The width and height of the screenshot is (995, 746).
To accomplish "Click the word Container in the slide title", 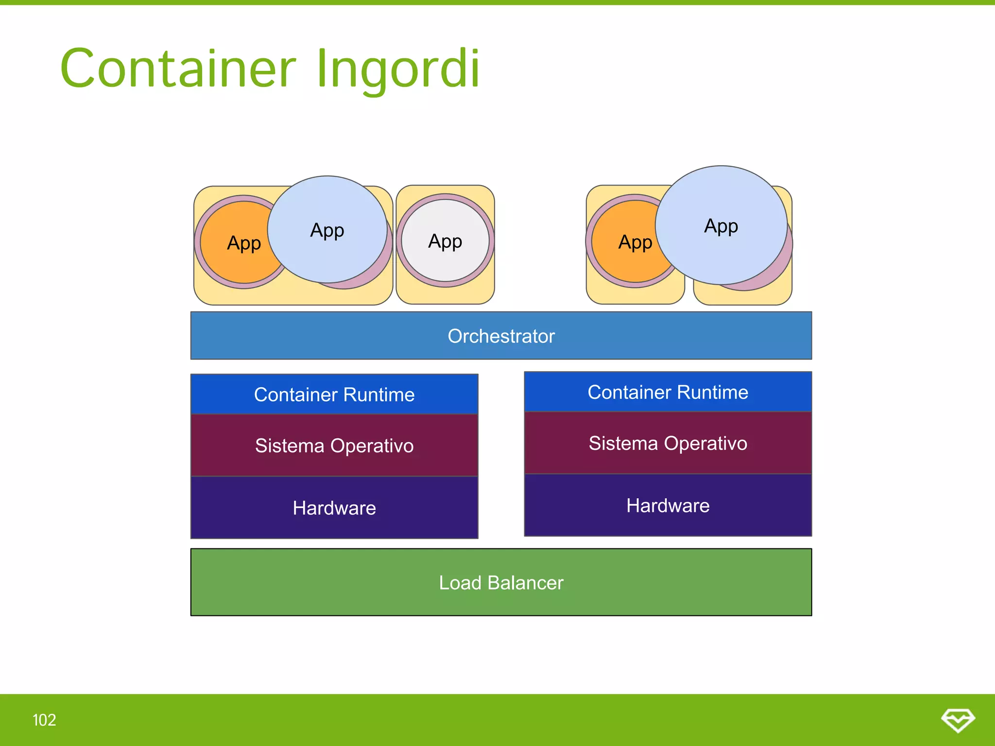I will pyautogui.click(x=178, y=69).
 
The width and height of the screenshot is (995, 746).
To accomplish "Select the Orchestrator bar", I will pyautogui.click(x=501, y=336).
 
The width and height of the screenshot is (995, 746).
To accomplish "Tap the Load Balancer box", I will pyautogui.click(x=501, y=582).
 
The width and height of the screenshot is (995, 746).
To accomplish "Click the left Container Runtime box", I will pyautogui.click(x=334, y=394).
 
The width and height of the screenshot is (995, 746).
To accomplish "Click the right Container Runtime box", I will pyautogui.click(x=668, y=392).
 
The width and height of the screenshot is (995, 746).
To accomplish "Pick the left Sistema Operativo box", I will pyautogui.click(x=334, y=445).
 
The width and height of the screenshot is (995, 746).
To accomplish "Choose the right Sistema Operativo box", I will pyautogui.click(x=668, y=443).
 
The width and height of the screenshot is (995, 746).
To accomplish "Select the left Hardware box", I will pyautogui.click(x=334, y=508).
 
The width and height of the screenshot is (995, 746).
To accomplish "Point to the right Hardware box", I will pyautogui.click(x=668, y=506).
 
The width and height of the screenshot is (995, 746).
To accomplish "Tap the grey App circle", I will pyautogui.click(x=445, y=241).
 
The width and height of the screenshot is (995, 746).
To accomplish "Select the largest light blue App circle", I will pyautogui.click(x=721, y=226).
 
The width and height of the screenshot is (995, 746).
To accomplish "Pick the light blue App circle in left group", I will pyautogui.click(x=327, y=230).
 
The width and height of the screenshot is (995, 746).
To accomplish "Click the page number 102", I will pyautogui.click(x=44, y=720).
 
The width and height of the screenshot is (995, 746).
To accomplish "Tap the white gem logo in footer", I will pyautogui.click(x=958, y=719).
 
